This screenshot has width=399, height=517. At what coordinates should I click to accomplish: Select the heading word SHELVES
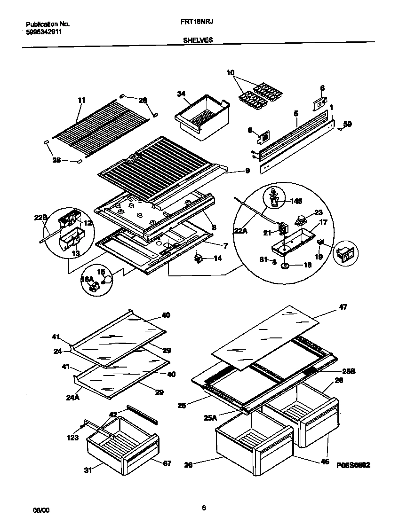coord(198,40)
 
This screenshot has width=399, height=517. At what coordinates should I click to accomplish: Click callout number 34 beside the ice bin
coord(181,94)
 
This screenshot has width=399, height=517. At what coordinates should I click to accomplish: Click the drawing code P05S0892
coord(353,465)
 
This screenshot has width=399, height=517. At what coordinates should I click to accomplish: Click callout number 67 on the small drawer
coord(167,463)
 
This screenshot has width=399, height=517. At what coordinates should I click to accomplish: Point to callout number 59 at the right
coord(347,124)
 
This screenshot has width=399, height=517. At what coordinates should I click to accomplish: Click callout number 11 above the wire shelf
coord(81,100)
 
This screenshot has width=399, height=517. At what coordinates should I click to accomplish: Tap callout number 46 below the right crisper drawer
coord(324,462)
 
